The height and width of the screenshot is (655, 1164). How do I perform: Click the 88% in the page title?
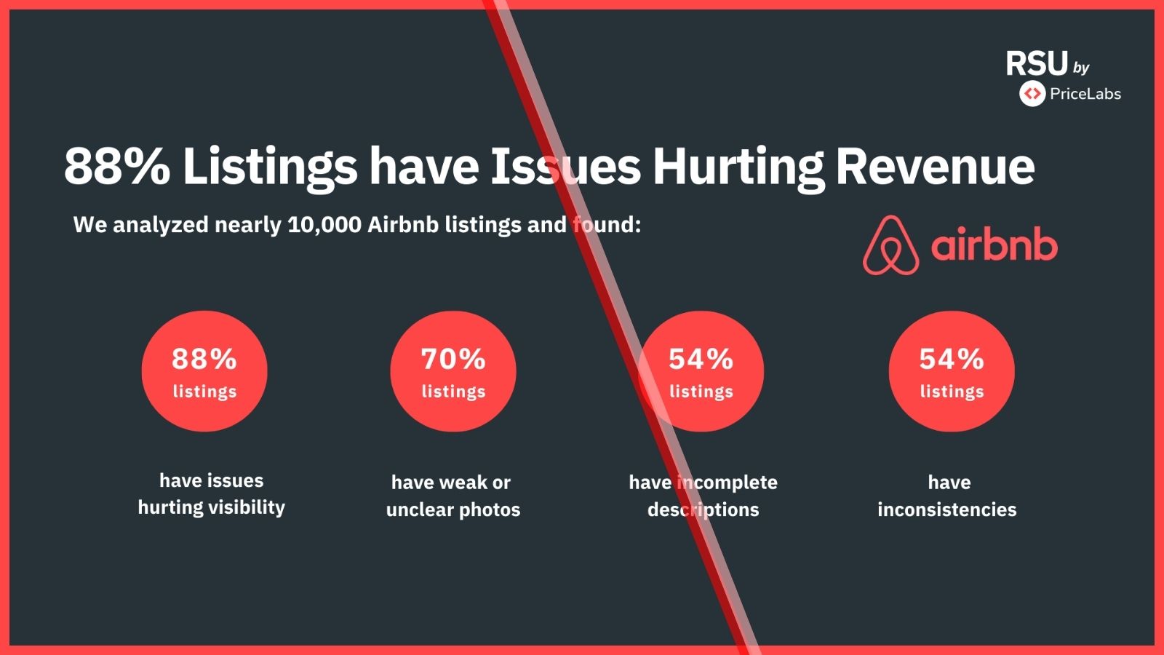point(116,167)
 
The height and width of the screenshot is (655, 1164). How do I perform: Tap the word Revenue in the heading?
point(935,167)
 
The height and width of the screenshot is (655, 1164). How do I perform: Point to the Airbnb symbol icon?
point(890,246)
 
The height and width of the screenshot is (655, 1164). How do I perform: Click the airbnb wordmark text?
point(994,246)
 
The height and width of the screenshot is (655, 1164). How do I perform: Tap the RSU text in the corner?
point(1037,64)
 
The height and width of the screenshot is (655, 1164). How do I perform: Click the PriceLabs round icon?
point(1032,94)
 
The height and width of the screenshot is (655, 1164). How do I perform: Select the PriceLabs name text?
point(1085,94)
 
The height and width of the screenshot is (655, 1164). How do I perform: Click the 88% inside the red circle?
point(204,359)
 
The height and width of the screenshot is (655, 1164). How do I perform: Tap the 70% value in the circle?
point(453,359)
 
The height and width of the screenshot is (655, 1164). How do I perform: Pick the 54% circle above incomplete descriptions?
point(701,371)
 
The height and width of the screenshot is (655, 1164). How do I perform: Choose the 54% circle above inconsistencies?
point(952,371)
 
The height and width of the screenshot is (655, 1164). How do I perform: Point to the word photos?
point(490,509)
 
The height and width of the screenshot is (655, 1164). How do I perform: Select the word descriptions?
point(703,509)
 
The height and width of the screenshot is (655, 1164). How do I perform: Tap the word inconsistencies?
point(946,509)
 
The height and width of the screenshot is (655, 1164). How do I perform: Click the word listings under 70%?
point(453,392)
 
